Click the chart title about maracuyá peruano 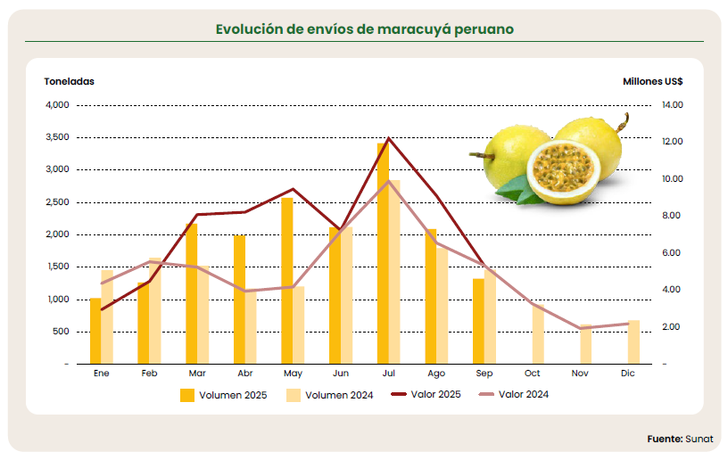pos(364,29)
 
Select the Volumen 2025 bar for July pos(383,253)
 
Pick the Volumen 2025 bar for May pos(287,281)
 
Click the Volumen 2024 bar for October pos(538,334)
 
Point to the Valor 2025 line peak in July pos(388,138)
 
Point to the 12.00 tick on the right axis pos(672,142)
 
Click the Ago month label pos(436,374)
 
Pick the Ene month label pos(101,374)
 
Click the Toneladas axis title pos(69,81)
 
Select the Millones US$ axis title pos(653,81)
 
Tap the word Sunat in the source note pos(699,439)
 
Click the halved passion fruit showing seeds pos(559,170)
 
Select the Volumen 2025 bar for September pos(478,321)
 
